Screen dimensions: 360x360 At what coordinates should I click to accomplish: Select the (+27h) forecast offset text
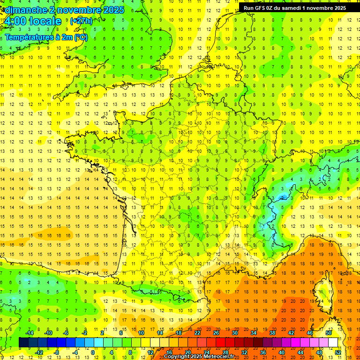click(x=81, y=21)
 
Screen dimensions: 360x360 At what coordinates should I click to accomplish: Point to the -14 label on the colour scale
click(x=30, y=333)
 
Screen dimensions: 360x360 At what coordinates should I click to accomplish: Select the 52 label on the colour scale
click(x=337, y=352)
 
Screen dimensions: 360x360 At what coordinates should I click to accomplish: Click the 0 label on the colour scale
click(x=93, y=352)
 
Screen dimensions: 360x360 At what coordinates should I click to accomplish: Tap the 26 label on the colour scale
click(x=216, y=333)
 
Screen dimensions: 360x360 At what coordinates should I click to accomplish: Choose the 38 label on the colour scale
click(x=272, y=333)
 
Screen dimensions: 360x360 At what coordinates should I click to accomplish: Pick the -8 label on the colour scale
click(x=57, y=352)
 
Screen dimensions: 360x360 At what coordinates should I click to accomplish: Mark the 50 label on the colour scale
click(x=329, y=333)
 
